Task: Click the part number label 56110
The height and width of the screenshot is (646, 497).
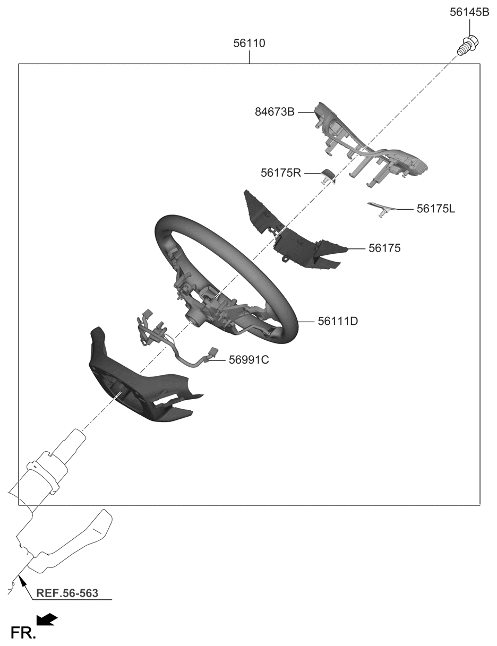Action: tap(249, 43)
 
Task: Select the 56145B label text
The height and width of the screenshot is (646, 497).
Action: tap(469, 12)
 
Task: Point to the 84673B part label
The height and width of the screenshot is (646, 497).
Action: tap(275, 112)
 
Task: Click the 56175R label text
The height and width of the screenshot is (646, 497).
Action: tap(281, 173)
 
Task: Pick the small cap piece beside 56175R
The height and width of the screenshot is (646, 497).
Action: tap(328, 176)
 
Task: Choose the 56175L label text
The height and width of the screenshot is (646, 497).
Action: tap(435, 209)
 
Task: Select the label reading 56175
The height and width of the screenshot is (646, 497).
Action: tap(384, 248)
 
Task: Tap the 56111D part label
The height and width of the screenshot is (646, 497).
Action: tap(338, 321)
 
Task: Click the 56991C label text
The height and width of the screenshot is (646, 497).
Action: tap(249, 360)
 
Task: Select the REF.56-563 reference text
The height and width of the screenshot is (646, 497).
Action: tap(67, 593)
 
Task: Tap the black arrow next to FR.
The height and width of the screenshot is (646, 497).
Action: tap(47, 619)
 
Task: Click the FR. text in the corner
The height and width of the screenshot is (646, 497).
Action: tap(23, 633)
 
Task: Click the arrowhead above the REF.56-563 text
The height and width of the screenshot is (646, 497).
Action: tap(23, 583)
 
